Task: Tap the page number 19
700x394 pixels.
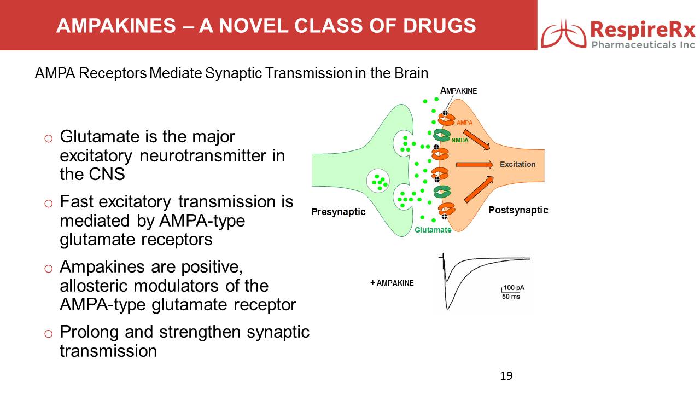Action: pos(506,375)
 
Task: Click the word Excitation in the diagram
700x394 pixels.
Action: pos(517,164)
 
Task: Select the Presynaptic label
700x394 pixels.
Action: pos(338,212)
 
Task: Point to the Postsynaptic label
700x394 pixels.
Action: pos(518,210)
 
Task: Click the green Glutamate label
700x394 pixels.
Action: pos(433,230)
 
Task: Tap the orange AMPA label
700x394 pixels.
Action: pos(464,123)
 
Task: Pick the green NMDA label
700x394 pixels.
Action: pos(460,140)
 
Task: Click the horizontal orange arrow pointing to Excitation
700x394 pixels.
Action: pos(474,164)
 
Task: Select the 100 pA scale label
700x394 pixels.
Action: pos(514,288)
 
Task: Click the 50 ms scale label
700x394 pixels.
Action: pos(511,297)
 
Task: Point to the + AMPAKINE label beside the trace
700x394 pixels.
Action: pos(392,283)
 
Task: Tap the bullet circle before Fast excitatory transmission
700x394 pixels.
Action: pos(48,203)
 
